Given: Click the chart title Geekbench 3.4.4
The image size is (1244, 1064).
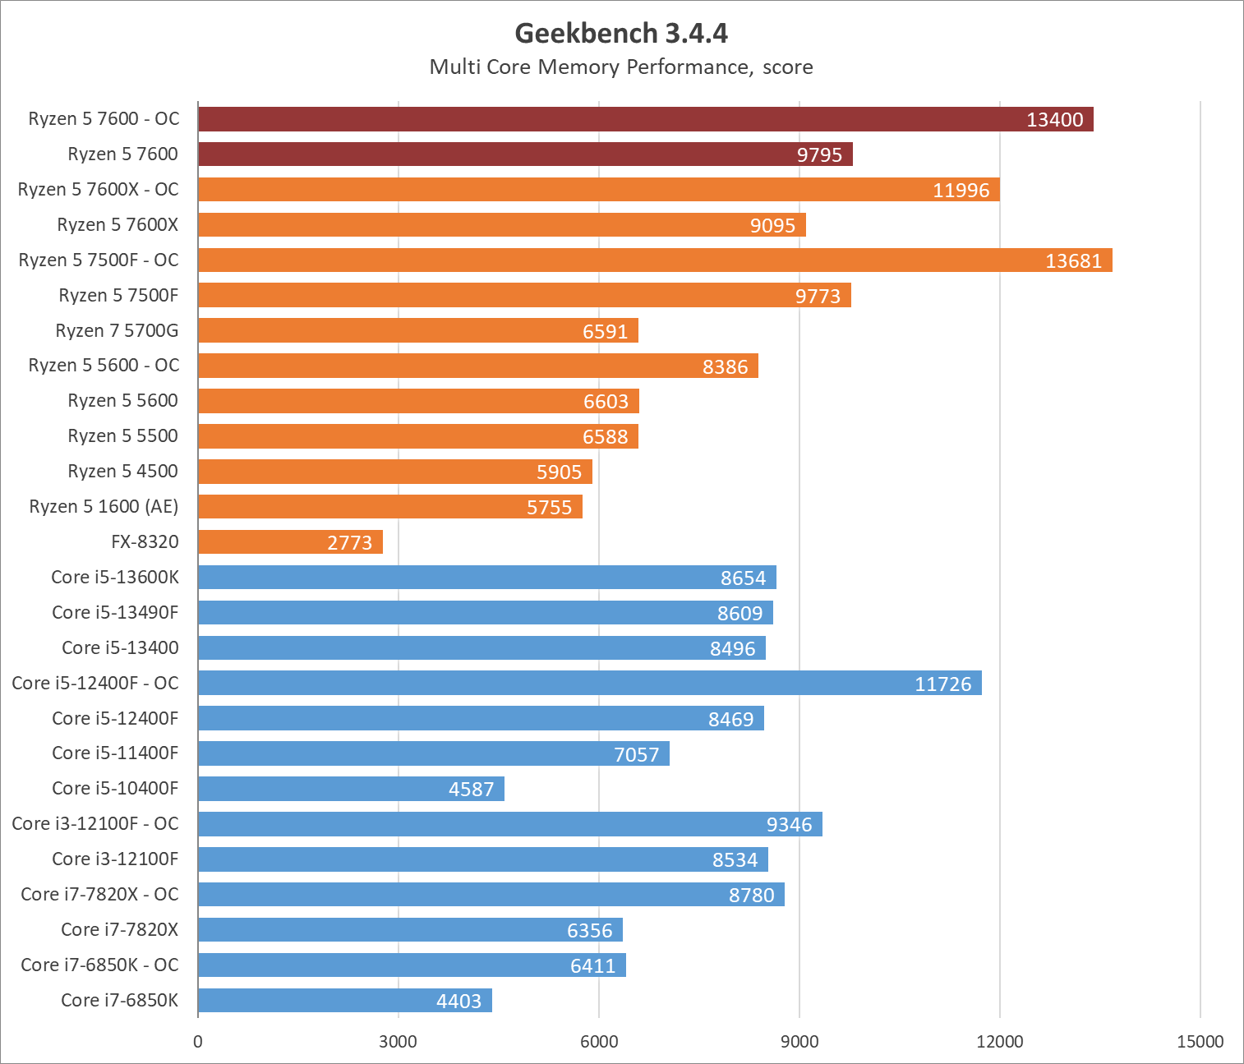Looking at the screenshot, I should [621, 33].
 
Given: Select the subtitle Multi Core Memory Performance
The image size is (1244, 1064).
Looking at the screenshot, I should [621, 67].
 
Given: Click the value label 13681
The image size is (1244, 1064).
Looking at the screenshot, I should [1073, 261].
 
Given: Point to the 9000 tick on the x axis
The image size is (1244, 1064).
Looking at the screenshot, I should [799, 1042].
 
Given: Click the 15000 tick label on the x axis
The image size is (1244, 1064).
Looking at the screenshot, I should [1200, 1042].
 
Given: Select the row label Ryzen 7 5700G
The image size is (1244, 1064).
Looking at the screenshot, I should [117, 330].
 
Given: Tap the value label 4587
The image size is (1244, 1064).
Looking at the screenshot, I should [471, 790].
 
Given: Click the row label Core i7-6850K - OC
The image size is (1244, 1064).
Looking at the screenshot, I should [99, 965].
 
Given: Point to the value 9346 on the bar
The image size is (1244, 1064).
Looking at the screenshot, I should [789, 825].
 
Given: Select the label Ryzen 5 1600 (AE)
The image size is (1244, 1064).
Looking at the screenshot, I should [104, 506].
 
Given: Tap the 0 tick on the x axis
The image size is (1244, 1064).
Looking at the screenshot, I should [198, 1042].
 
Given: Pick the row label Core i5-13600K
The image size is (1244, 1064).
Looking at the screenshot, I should [115, 577].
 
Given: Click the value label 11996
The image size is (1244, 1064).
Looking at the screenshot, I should [961, 191].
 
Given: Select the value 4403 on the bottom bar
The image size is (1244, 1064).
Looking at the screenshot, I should [458, 1001].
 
